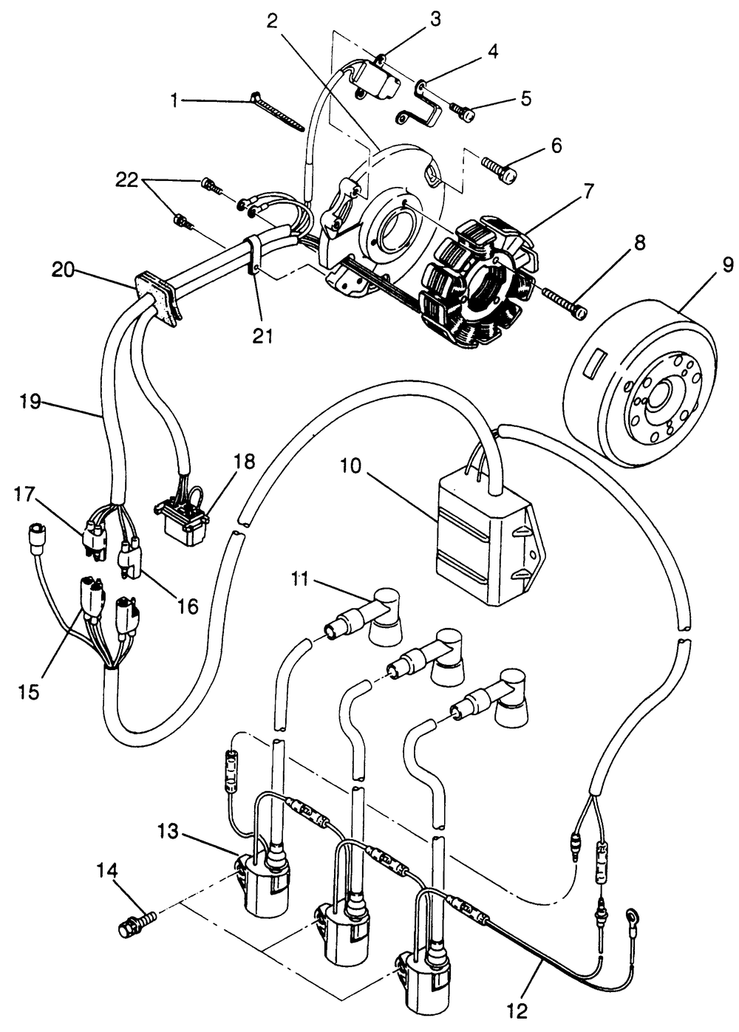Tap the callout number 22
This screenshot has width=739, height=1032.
pyautogui.click(x=126, y=180)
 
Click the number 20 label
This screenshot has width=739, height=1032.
pyautogui.click(x=64, y=270)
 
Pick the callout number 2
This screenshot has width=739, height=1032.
pyautogui.click(x=272, y=21)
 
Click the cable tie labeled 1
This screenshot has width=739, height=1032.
pyautogui.click(x=276, y=112)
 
